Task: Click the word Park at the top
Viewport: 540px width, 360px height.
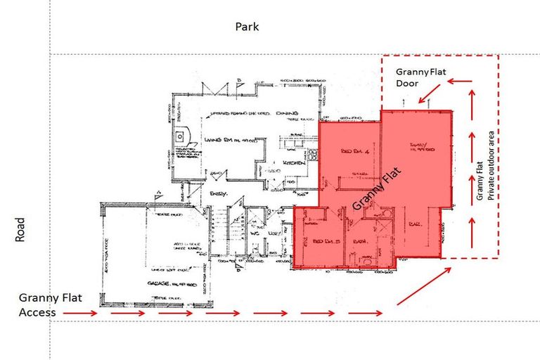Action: (x=247, y=27)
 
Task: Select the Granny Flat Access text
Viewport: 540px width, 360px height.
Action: (x=49, y=304)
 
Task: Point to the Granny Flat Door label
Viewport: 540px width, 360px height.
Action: (x=418, y=77)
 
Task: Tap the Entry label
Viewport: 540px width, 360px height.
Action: (x=217, y=192)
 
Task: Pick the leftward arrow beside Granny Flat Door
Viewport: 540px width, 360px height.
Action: (x=461, y=82)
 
